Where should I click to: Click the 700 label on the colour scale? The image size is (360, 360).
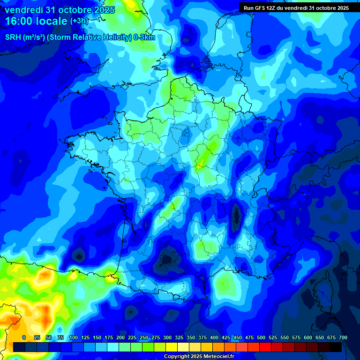343,337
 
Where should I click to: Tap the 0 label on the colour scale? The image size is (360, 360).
24,337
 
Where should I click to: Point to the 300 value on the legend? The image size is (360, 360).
167,337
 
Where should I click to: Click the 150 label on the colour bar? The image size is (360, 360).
97,337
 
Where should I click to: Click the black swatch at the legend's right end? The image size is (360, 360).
336,347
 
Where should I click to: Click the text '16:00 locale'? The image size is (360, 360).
36,21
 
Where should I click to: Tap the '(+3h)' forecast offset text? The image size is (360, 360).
79,21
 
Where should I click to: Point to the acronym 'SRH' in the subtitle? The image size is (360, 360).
13,37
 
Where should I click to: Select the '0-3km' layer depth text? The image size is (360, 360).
144,37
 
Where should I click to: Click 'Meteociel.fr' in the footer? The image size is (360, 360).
217,356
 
